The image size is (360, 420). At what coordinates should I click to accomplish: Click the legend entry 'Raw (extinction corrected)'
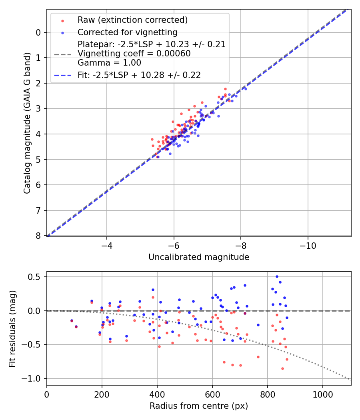point(132,20)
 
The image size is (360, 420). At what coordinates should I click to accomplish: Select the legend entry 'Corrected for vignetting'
point(127,32)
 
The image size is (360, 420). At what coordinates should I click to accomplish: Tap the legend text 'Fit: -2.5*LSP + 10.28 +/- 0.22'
point(139,75)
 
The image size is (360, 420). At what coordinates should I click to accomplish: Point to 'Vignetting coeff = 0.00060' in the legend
point(134,54)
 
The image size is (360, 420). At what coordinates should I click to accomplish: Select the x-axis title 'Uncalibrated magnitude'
point(199,257)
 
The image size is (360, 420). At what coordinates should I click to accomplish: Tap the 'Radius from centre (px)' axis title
point(199,406)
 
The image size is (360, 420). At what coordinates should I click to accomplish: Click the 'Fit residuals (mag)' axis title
point(12,328)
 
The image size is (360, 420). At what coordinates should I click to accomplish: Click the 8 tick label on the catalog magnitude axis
point(38,236)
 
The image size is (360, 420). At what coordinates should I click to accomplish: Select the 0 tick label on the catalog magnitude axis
point(38,32)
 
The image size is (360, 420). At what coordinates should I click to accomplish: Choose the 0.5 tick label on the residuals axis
point(36,277)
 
